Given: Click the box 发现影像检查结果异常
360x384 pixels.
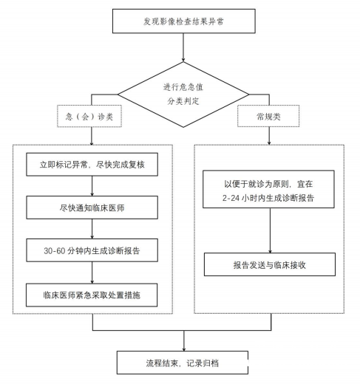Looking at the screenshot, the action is click(x=184, y=21).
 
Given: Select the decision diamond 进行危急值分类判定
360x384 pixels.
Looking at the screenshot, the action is click(x=183, y=95).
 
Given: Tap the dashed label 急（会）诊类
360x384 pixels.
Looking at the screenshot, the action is click(x=89, y=116).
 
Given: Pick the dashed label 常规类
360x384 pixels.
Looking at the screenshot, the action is click(x=268, y=116).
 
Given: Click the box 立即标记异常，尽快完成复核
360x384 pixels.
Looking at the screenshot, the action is click(x=92, y=165).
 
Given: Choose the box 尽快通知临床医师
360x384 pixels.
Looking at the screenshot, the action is click(x=92, y=208).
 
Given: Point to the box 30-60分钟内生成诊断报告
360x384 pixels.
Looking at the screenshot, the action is click(x=92, y=250).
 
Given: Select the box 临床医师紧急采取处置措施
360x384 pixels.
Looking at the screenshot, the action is click(x=92, y=295).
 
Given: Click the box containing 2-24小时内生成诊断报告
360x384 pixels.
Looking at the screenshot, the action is click(x=268, y=189).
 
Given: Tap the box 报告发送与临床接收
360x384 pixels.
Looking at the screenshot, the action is click(x=270, y=264).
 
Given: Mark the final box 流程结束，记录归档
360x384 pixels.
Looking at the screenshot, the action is click(x=183, y=363).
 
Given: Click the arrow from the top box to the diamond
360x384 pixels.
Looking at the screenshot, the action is click(x=183, y=47).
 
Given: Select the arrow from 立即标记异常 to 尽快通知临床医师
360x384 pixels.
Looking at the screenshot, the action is click(x=92, y=186).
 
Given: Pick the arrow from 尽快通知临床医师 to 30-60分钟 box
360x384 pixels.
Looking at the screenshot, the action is click(x=92, y=229).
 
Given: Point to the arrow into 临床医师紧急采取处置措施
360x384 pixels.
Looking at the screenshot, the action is click(x=92, y=272).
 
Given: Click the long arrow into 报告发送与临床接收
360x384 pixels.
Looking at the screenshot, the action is click(x=270, y=230).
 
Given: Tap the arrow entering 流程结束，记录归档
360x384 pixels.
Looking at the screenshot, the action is click(x=184, y=340).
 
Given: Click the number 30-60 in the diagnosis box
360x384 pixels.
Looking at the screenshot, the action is click(x=54, y=250).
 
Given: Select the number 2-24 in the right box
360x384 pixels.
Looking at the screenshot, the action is click(x=231, y=198).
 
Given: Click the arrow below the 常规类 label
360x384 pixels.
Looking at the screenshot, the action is click(x=269, y=136).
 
